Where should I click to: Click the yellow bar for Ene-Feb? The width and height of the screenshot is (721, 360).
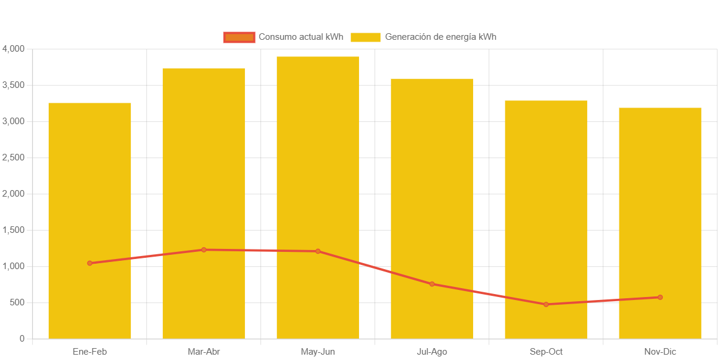coord(90,178)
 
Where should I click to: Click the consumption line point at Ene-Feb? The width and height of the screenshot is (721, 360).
coord(90,263)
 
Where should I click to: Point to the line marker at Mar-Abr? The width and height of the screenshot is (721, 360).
coord(204,250)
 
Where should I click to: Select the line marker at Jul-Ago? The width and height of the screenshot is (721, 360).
coord(432,284)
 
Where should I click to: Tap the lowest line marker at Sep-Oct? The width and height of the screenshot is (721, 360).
coord(546,304)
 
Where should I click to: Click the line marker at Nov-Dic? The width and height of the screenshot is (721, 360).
coord(660,297)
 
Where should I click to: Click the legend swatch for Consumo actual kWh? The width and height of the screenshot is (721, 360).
coord(239,37)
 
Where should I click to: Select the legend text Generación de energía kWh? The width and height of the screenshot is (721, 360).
coord(440,37)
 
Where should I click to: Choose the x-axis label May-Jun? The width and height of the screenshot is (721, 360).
coord(318,352)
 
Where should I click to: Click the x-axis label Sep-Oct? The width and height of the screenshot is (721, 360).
coord(546,352)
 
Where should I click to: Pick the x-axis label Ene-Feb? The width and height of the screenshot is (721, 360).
coord(90,352)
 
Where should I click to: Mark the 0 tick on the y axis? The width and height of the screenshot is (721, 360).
coord(22,339)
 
